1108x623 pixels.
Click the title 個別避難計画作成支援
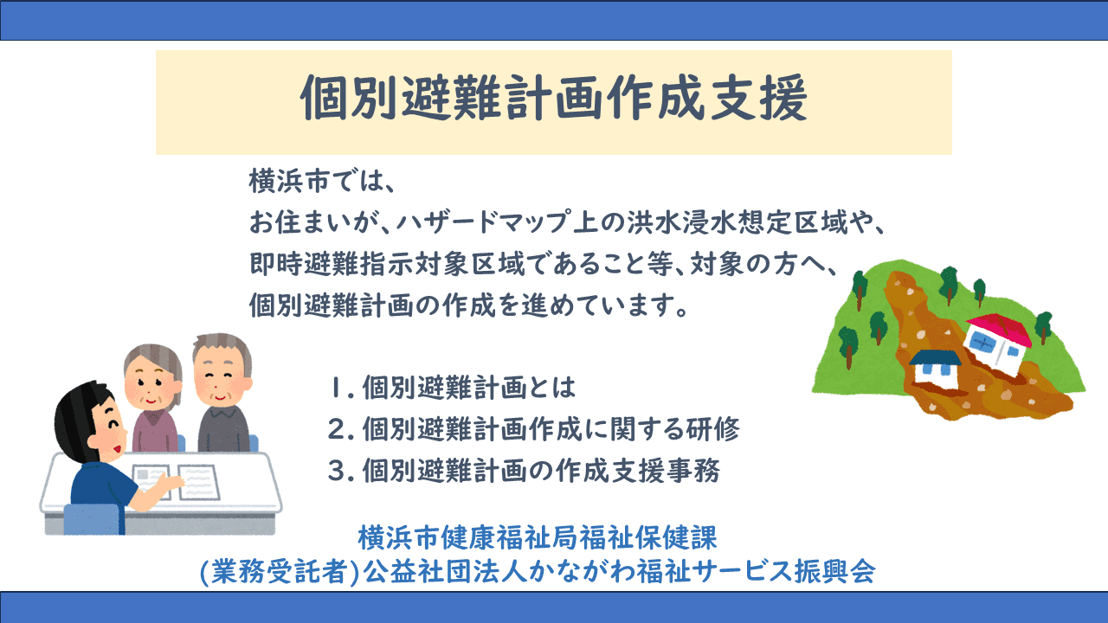[x=554, y=98]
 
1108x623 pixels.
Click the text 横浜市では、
[x=322, y=181]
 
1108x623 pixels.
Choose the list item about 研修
[x=534, y=428]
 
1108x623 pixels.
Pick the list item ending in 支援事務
[x=524, y=470]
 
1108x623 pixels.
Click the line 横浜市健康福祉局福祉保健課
[x=538, y=538]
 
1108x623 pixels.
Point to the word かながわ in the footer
[x=582, y=572]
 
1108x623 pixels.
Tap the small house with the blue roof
[x=934, y=366]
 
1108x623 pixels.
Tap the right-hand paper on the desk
[x=199, y=482]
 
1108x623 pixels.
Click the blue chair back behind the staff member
[x=92, y=518]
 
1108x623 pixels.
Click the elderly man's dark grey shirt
[x=223, y=428]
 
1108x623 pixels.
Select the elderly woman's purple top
[x=154, y=429]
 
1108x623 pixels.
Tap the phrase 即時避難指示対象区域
[x=387, y=264]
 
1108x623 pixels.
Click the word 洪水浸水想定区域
[x=738, y=222]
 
